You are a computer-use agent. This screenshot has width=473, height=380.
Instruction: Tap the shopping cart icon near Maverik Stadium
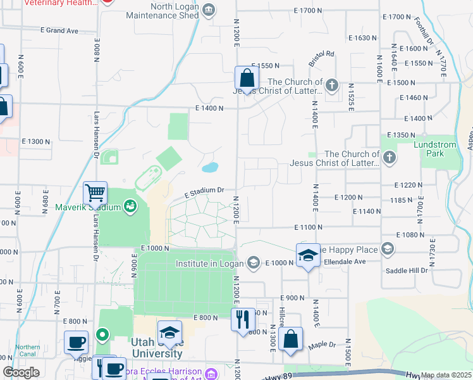click(x=95, y=191)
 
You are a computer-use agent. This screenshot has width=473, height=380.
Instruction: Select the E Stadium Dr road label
click(x=205, y=191)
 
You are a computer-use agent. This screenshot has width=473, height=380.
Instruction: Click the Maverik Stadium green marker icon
click(x=130, y=206)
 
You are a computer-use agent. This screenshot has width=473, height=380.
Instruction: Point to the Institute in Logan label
click(x=209, y=263)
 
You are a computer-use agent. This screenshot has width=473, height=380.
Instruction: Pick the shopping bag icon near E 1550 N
click(x=247, y=78)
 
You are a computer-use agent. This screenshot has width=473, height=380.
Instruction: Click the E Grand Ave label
click(x=59, y=30)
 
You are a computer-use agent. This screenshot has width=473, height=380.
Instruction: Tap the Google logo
click(x=21, y=372)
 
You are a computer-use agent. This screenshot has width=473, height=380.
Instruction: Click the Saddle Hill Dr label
click(x=407, y=270)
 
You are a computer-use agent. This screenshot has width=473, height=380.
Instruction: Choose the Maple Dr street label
click(x=322, y=345)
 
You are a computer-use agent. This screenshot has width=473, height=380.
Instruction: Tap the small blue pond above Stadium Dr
click(x=210, y=168)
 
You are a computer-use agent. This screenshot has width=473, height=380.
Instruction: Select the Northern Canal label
click(x=28, y=350)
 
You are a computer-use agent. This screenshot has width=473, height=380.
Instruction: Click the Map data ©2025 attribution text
click(x=446, y=375)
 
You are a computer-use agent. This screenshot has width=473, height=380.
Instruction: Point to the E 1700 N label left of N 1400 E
click(x=308, y=11)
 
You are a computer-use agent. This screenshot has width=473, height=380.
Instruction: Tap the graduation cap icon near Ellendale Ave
click(x=307, y=255)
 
